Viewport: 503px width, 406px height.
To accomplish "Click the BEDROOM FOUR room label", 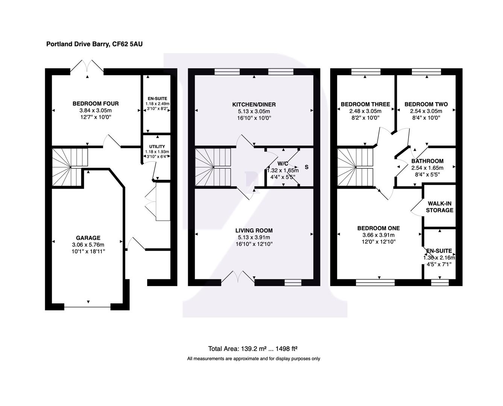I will [x=96, y=104].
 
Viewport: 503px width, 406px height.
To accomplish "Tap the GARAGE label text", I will [x=88, y=238].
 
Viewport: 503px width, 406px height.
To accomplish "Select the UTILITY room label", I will [x=157, y=147].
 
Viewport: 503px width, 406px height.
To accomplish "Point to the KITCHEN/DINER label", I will [x=254, y=105].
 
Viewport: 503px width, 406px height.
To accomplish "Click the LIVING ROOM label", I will [x=254, y=230].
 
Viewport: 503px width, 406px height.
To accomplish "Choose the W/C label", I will [x=283, y=164].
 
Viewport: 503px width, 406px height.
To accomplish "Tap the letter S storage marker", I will [x=307, y=167].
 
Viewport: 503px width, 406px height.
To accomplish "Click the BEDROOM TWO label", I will [x=426, y=104].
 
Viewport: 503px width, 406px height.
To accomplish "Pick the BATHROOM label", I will [x=427, y=161].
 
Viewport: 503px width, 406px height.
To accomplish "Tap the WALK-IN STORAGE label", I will [x=439, y=207].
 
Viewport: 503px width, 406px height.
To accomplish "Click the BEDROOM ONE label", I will [x=378, y=228].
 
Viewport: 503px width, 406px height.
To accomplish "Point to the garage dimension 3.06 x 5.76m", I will [x=88, y=245].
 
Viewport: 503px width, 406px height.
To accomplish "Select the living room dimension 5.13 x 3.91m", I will [x=254, y=237].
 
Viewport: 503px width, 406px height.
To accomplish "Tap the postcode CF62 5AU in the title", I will [x=128, y=44].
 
